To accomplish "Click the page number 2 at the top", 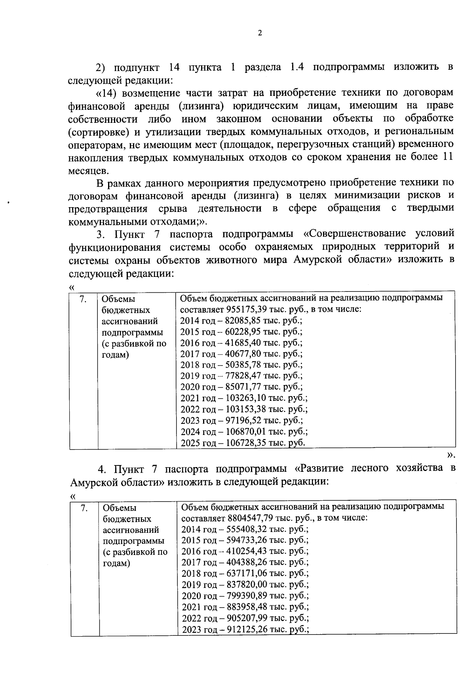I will coord(260,33).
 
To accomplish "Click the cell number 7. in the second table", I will coord(84,507).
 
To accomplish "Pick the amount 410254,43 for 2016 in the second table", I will coord(248,551).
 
